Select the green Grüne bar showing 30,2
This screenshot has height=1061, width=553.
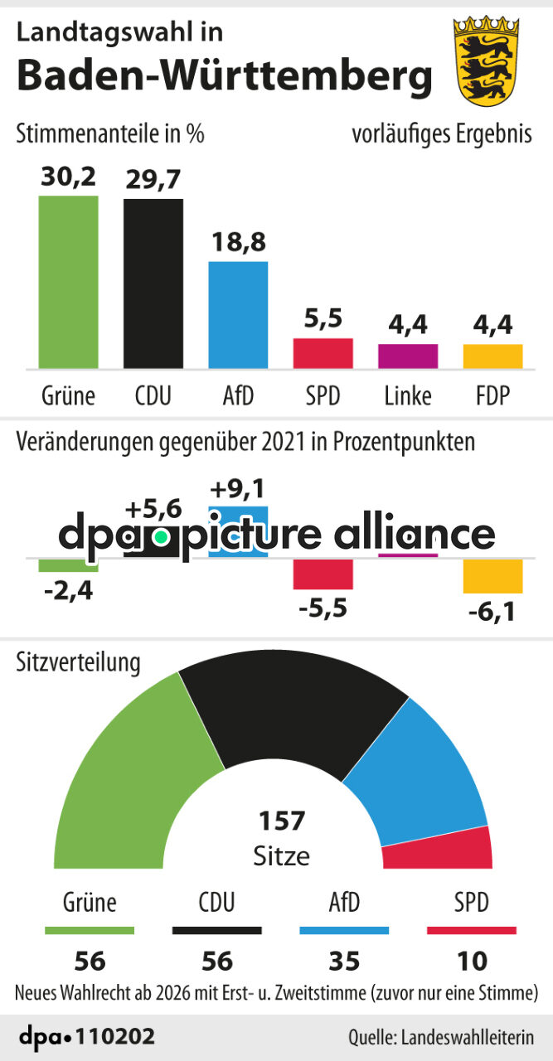pos(68,282)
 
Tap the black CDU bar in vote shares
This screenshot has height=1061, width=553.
pos(153,283)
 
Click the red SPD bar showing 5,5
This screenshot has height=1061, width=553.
pos(323,353)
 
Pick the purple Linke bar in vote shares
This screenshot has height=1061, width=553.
pos(408,356)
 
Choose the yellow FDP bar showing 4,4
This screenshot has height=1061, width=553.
pos(492,356)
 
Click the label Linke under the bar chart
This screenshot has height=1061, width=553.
pos(408,396)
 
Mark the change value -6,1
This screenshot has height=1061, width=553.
pos(492,614)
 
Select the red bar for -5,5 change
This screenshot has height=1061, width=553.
pos(323,574)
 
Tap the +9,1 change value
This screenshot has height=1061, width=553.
pos(238,487)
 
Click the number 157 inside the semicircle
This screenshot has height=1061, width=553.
pos(281,821)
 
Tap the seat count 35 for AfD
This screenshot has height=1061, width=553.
pos(343,961)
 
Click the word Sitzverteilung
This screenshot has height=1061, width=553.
pos(79,663)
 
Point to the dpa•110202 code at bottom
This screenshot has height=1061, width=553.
pos(86,1037)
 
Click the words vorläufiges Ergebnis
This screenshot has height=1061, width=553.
pos(442,134)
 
